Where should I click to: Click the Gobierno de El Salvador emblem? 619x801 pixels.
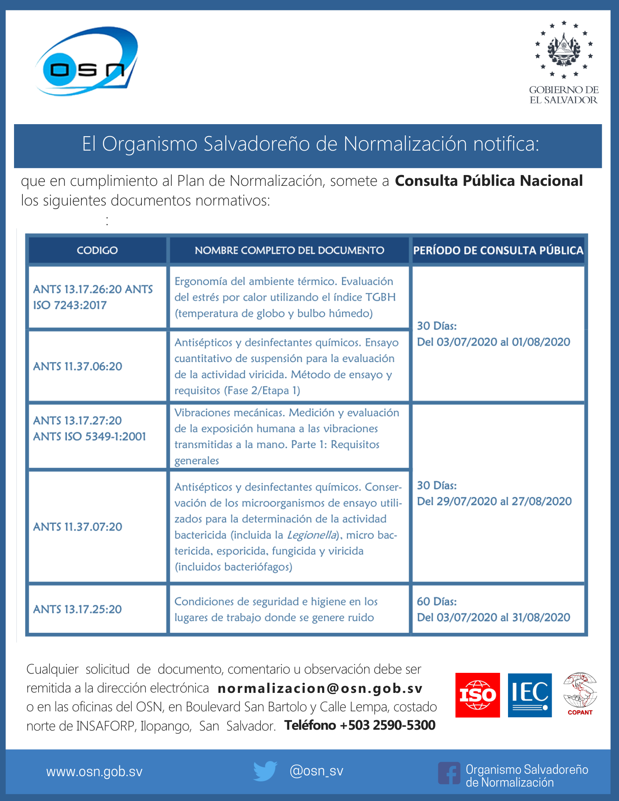564,50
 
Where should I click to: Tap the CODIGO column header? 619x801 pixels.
97,250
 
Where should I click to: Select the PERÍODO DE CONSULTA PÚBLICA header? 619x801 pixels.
498,250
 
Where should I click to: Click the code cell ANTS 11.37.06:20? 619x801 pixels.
78,366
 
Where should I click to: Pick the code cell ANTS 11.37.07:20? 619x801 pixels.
78,527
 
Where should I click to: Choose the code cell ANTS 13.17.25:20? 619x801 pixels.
78,609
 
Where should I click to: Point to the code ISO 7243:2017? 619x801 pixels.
70,305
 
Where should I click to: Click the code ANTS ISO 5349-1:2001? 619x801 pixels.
90,437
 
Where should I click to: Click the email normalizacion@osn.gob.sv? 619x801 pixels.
320,688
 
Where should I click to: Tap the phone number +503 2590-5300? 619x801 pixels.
391,725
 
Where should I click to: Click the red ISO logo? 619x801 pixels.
478,695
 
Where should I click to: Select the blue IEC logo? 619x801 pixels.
530,695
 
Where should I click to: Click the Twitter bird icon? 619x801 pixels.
265,771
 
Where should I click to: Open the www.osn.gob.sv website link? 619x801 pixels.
95,772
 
